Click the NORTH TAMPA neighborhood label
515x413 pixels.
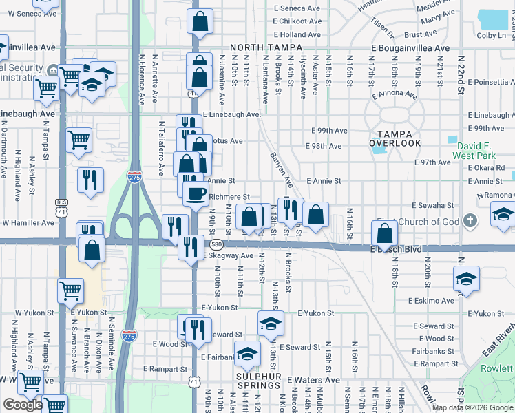click(x=266, y=47)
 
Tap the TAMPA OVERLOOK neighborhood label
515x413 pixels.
click(x=395, y=138)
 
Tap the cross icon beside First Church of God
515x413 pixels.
click(x=470, y=221)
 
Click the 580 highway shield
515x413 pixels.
click(x=216, y=245)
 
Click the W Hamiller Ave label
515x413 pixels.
click(x=27, y=223)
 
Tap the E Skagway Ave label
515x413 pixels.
click(x=229, y=255)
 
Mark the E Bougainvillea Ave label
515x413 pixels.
click(x=410, y=48)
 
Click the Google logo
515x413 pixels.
click(x=23, y=405)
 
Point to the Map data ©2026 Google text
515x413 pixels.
click(x=472, y=407)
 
